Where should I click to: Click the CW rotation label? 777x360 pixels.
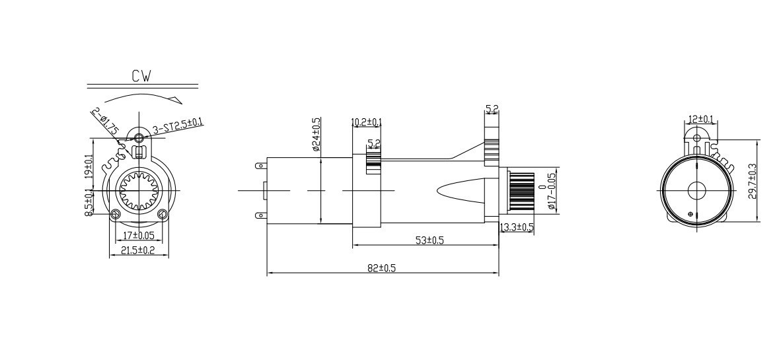141,76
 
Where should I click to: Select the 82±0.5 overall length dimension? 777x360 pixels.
382,268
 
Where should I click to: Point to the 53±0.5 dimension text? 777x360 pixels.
429,240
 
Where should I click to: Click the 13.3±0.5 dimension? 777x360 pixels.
517,227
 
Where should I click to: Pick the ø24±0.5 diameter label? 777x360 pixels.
316,133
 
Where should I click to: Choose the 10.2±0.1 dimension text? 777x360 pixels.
367,122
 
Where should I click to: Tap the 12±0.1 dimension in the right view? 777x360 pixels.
700,120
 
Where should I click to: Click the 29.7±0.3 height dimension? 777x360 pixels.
752,181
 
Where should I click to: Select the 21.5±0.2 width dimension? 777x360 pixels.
139,250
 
